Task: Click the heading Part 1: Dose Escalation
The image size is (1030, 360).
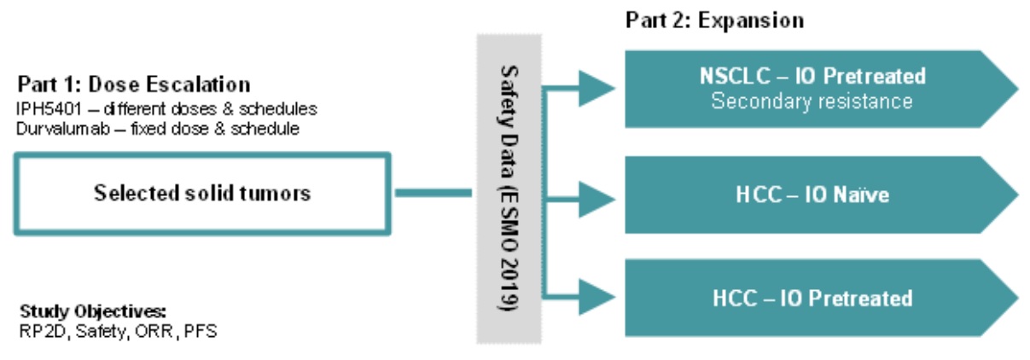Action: click(134, 85)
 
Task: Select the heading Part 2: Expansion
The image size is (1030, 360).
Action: click(715, 20)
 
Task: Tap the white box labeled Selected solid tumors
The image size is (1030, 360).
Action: click(202, 193)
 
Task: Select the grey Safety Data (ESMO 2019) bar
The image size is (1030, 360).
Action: click(509, 188)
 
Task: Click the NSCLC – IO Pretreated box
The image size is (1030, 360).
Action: click(811, 87)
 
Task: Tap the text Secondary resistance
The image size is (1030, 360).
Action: click(812, 102)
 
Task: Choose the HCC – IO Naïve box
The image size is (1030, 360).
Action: click(811, 195)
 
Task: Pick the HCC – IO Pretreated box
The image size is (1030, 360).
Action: click(811, 298)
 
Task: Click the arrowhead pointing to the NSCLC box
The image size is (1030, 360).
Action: click(597, 85)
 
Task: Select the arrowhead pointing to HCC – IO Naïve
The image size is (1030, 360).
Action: click(597, 196)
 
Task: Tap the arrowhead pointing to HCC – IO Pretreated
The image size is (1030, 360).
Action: click(597, 297)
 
